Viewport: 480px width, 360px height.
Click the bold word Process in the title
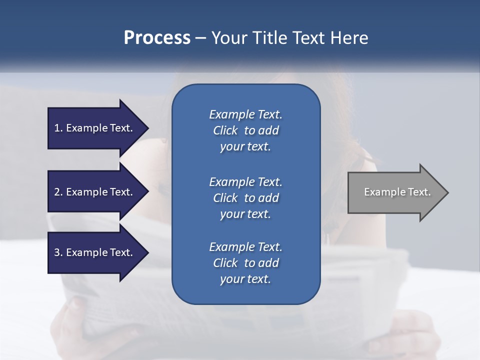pyautogui.click(x=157, y=38)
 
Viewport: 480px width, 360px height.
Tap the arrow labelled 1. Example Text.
pyautogui.click(x=95, y=128)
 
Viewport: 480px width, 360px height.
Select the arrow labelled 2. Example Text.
pyautogui.click(x=95, y=192)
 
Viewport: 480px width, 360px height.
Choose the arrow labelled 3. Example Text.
pyautogui.click(x=95, y=252)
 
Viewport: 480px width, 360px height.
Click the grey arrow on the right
pyautogui.click(x=395, y=192)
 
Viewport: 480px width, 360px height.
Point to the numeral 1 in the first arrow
pyautogui.click(x=57, y=128)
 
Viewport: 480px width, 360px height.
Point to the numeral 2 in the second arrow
pyautogui.click(x=57, y=192)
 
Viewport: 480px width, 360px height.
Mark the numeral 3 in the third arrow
pyautogui.click(x=57, y=252)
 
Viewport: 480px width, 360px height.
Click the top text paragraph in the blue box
pyautogui.click(x=245, y=130)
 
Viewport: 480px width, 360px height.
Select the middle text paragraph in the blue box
pyautogui.click(x=245, y=198)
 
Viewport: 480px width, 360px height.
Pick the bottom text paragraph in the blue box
pyautogui.click(x=245, y=263)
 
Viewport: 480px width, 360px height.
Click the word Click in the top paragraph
pyautogui.click(x=225, y=130)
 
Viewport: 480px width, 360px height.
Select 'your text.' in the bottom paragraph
pyautogui.click(x=245, y=279)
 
